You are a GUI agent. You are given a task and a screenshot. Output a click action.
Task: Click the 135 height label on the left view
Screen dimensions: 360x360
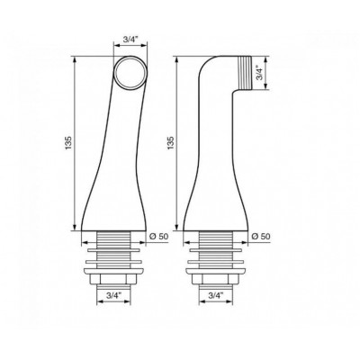point(68,144)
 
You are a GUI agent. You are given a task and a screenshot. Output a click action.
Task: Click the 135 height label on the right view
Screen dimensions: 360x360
point(171,144)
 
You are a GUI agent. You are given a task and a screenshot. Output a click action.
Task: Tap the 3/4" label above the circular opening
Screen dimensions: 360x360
point(130,40)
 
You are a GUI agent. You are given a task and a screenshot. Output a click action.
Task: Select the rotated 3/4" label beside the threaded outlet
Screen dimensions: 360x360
point(259,73)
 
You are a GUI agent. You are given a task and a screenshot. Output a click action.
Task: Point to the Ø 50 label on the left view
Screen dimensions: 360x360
point(158,237)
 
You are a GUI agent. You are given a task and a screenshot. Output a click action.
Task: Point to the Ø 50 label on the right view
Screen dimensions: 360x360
point(260,237)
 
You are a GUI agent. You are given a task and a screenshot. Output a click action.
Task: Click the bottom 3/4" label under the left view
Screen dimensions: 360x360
point(113,295)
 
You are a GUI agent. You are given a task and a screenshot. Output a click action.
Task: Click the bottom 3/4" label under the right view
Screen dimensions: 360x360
point(216,295)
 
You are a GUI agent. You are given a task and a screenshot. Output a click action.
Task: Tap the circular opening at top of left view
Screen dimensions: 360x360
point(130,73)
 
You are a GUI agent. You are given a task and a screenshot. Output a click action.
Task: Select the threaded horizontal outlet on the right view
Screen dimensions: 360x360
point(246,73)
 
